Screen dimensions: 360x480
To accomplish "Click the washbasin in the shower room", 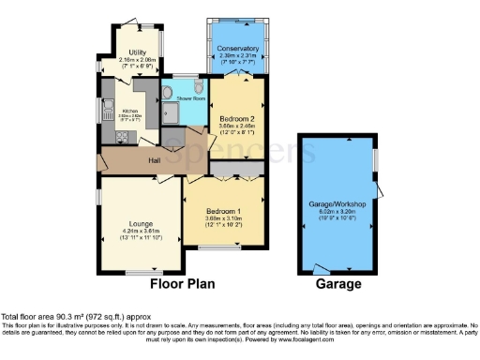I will coord(166,93).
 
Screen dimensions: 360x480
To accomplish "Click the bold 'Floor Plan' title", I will coord(182,282).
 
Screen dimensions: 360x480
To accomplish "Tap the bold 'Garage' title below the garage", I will coord(337,282).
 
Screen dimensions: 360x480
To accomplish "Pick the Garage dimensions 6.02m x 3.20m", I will coord(337,211).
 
